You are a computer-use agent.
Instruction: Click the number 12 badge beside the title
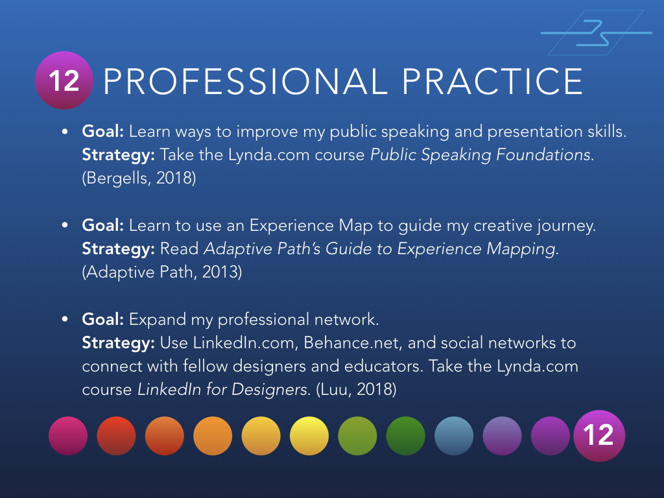click(64, 81)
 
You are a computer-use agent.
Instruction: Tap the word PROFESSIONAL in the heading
click(244, 82)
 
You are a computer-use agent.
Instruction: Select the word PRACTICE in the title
click(492, 82)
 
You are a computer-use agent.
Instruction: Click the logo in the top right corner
click(596, 32)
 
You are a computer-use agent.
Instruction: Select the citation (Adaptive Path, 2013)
click(161, 272)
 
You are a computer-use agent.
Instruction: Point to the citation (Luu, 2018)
click(354, 390)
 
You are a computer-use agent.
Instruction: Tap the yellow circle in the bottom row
click(309, 436)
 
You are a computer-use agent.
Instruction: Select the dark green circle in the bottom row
click(405, 436)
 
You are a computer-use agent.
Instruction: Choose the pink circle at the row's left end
click(67, 436)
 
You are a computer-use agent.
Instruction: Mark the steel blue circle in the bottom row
click(454, 436)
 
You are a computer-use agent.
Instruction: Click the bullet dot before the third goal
click(65, 320)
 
